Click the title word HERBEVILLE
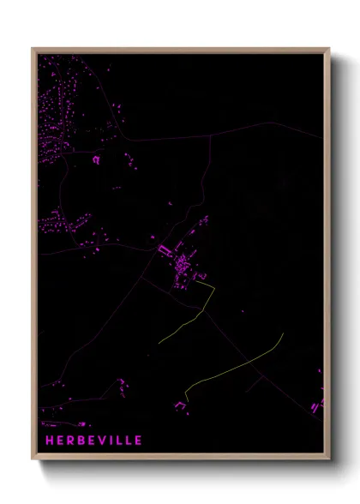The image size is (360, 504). (x=94, y=441)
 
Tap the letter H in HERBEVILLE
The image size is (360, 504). (x=50, y=441)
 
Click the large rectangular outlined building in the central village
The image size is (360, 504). (x=165, y=249)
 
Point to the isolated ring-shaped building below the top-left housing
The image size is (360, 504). (x=97, y=159)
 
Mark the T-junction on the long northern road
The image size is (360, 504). (x=210, y=136)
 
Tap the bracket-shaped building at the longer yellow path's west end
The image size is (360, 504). (x=181, y=405)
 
